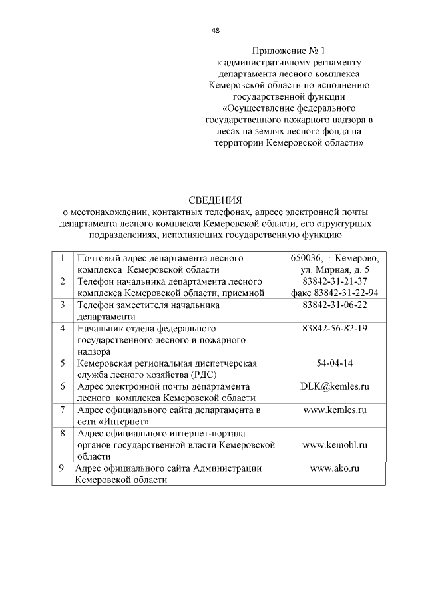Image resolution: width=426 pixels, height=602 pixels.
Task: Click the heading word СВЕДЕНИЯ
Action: pos(216,200)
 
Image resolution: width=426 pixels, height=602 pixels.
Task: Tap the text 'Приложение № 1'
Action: pos(290,51)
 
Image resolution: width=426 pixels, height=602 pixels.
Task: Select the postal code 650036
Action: pos(305,258)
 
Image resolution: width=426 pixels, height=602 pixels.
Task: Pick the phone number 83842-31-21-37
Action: pos(335,281)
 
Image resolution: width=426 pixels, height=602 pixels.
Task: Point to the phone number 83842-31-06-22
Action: pos(335,305)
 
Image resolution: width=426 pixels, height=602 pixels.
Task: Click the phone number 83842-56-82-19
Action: pos(335,329)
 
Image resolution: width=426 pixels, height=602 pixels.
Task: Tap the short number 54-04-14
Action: pos(335,363)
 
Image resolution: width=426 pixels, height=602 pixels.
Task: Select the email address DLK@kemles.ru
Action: pos(335,386)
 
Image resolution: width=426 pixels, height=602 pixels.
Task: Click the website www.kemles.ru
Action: pos(335,410)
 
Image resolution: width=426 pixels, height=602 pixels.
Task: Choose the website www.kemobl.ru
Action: pos(335,445)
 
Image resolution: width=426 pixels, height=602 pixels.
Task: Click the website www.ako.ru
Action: pos(335,468)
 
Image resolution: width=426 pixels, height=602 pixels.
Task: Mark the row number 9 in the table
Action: pos(61,468)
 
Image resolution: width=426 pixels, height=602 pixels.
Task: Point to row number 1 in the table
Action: pos(62,258)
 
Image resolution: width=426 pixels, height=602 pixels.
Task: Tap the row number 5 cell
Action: pos(62,363)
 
